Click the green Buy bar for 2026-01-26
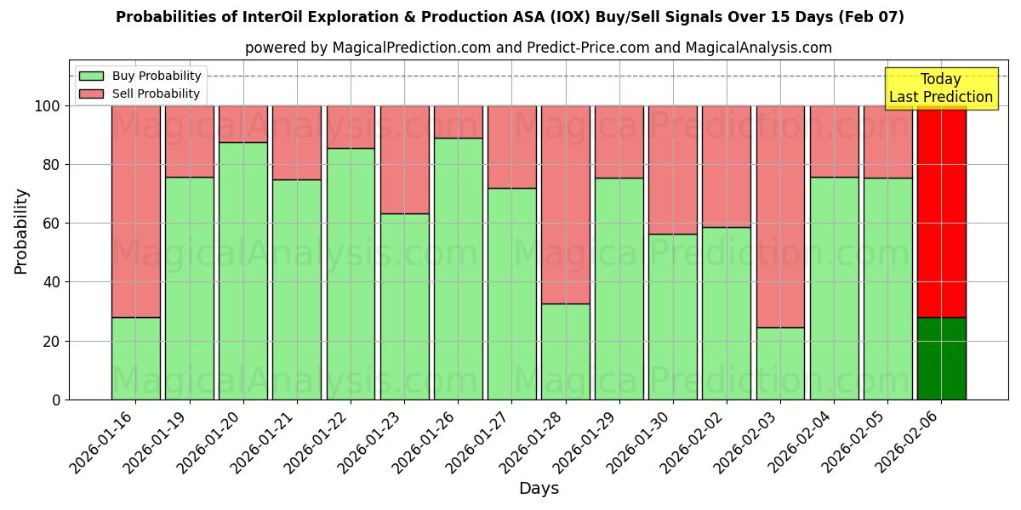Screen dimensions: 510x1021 (x=458, y=269)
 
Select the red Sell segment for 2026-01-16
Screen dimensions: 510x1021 (x=135, y=211)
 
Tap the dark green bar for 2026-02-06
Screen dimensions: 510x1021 (x=941, y=358)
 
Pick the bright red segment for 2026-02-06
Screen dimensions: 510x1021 (x=941, y=211)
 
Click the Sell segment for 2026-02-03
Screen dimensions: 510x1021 (x=780, y=216)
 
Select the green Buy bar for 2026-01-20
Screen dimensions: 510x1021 (x=242, y=270)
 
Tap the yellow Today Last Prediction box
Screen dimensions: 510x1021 (x=940, y=88)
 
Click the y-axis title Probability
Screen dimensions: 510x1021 (x=21, y=230)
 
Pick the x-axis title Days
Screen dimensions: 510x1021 (x=539, y=489)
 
